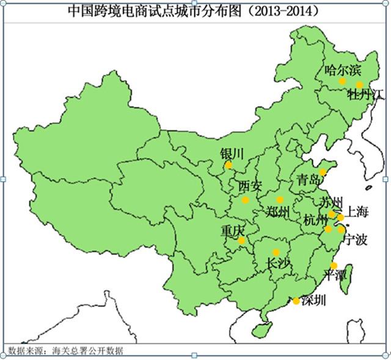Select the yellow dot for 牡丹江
(360, 85)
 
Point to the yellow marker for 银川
(228, 165)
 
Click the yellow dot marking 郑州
(280, 200)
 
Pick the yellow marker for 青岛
(323, 172)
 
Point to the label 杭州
(315, 221)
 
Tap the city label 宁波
(356, 240)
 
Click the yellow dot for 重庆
(242, 241)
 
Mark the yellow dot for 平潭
(334, 265)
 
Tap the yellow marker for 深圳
(296, 301)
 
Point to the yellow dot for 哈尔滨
(342, 81)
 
